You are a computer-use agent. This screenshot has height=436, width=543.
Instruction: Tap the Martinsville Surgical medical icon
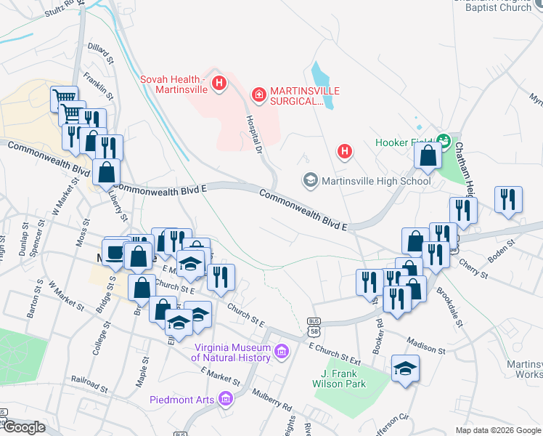[x=257, y=94]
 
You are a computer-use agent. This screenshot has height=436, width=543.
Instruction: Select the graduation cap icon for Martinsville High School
[x=311, y=180]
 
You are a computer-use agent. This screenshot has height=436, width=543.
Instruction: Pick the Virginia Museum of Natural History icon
[x=282, y=352]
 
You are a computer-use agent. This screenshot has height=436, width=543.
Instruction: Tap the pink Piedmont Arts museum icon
[x=225, y=399]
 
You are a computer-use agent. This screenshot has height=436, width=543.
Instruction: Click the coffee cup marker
[x=114, y=253]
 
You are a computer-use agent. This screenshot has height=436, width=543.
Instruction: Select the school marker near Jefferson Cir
[x=405, y=369]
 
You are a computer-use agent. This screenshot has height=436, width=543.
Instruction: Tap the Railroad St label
[x=89, y=381]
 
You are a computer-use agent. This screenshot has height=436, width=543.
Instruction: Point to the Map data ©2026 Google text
[x=497, y=430]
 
